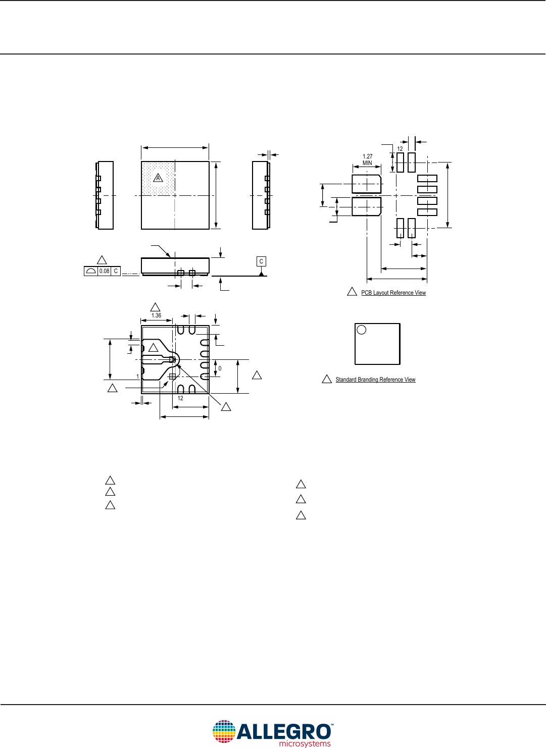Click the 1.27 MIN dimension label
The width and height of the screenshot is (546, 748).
click(x=367, y=159)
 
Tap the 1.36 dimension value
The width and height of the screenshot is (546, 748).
click(x=157, y=315)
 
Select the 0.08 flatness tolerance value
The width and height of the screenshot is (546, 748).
click(x=104, y=271)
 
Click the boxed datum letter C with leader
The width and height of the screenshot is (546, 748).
click(x=261, y=261)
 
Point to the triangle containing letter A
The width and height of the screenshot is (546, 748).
click(x=158, y=178)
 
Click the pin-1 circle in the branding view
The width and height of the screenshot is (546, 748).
click(x=362, y=330)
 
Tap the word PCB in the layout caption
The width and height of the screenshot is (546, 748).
click(x=366, y=293)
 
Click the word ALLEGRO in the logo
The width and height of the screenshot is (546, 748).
click(x=284, y=732)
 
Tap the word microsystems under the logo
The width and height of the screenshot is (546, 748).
click(x=305, y=743)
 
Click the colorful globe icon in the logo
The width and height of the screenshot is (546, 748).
click(x=224, y=731)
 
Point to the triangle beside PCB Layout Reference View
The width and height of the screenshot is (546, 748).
click(x=352, y=292)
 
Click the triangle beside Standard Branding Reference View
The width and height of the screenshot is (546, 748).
click(x=327, y=379)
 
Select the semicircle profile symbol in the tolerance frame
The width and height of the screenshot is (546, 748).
click(x=91, y=271)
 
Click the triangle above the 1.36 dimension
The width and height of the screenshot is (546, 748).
click(x=156, y=307)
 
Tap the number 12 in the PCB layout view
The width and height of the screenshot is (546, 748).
click(x=400, y=149)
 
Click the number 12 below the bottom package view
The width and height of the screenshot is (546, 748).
click(x=180, y=398)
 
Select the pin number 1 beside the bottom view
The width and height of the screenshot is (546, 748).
click(x=137, y=377)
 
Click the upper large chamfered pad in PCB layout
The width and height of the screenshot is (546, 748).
click(x=366, y=184)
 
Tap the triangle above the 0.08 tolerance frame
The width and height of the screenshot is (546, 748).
click(x=102, y=260)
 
